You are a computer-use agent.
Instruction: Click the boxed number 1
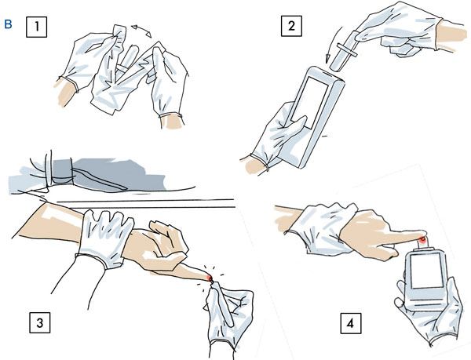point(36,27)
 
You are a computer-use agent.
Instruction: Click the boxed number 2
point(291,26)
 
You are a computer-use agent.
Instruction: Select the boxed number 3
point(40,322)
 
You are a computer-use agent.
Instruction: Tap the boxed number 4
point(351,323)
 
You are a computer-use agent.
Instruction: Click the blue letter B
point(8,24)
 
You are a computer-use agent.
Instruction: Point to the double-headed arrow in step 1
point(142,31)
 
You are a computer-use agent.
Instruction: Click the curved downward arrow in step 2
point(333,44)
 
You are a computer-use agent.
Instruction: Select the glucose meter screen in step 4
point(425,271)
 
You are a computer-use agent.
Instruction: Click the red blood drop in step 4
point(422,239)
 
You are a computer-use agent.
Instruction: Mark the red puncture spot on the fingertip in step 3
point(210,278)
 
